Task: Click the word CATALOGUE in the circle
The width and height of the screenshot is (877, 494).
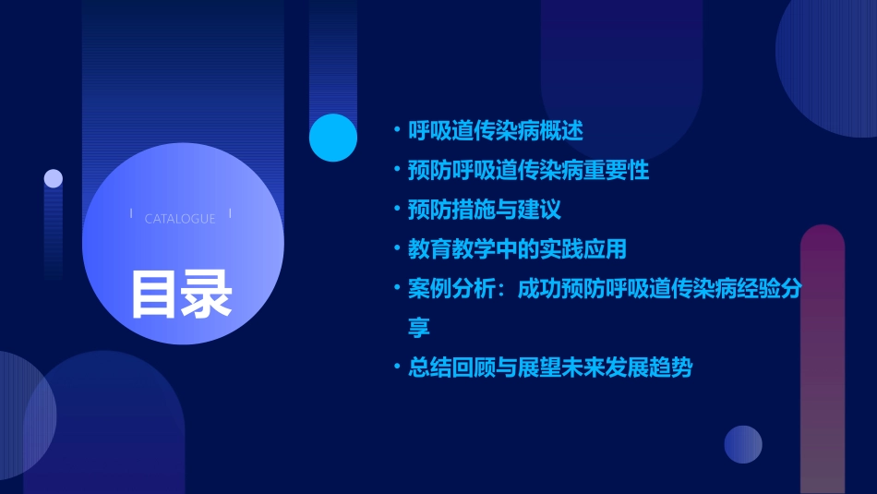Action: tap(180, 219)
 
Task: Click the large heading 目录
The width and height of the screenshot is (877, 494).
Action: tap(181, 294)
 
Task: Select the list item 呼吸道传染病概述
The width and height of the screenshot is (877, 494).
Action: tap(496, 131)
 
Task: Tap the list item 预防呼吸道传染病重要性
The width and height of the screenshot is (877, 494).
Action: tap(529, 171)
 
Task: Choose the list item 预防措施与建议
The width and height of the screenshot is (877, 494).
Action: tap(485, 210)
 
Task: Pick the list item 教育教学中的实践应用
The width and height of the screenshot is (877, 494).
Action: tap(518, 249)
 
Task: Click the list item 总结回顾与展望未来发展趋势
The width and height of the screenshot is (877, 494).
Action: tap(550, 367)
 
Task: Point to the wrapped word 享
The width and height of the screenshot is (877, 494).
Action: tap(419, 328)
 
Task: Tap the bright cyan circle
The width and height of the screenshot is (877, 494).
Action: tap(333, 138)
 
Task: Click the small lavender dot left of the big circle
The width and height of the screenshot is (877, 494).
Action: tap(54, 178)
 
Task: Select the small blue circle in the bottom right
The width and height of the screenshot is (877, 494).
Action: tap(743, 444)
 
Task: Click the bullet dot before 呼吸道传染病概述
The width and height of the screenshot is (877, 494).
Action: tap(397, 131)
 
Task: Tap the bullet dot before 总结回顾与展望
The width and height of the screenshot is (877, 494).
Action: tap(397, 367)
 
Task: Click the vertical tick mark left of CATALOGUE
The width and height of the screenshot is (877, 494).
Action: tap(131, 213)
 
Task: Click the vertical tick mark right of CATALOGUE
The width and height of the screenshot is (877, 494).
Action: tap(230, 213)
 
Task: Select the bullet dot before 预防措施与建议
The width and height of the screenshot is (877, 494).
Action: tap(397, 211)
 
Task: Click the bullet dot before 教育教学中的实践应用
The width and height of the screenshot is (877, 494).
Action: tap(397, 249)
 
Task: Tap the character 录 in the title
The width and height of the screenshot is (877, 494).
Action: tap(207, 294)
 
